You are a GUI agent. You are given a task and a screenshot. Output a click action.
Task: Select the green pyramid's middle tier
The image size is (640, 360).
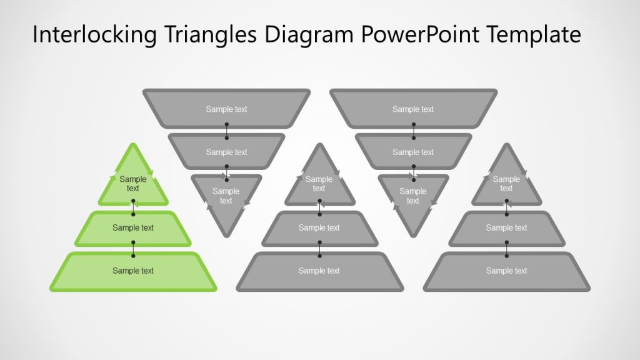[x=133, y=228]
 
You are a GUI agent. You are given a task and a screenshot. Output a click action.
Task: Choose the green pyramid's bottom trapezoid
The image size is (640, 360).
[x=133, y=271]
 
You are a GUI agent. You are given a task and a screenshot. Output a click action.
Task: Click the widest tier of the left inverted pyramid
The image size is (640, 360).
[x=226, y=109]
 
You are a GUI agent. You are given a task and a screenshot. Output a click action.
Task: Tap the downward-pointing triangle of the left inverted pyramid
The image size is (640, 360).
[x=226, y=199]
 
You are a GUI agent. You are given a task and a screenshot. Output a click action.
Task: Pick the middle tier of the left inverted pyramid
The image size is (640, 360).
[x=226, y=152]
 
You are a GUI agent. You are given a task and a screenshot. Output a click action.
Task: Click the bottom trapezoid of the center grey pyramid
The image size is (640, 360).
[x=319, y=271]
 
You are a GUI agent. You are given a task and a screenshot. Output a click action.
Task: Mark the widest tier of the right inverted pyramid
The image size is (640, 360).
[x=413, y=109]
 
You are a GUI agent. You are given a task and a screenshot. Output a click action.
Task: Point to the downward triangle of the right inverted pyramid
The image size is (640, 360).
[x=413, y=199]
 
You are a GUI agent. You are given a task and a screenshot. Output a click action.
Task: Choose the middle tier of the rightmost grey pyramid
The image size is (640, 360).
[x=506, y=228]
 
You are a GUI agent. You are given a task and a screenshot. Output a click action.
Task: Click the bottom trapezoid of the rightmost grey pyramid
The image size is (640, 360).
[x=506, y=271]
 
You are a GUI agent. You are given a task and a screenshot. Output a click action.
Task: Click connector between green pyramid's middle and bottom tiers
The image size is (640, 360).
[x=133, y=249]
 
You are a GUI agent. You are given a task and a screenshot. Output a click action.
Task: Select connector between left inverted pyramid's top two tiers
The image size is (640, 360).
[x=226, y=131]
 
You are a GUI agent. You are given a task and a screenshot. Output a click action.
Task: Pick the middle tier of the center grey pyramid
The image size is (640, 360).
[x=319, y=228]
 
